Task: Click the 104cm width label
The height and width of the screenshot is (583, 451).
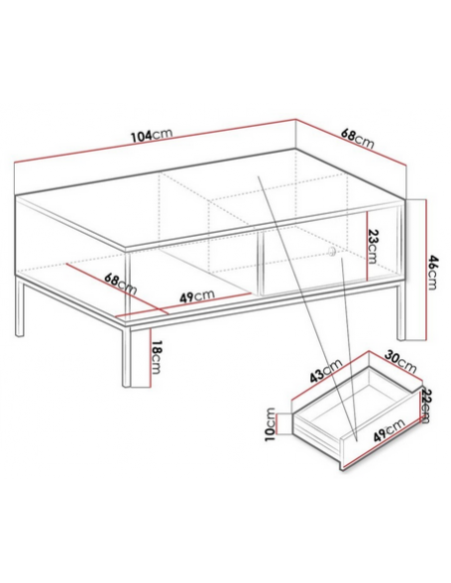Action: pyautogui.click(x=152, y=136)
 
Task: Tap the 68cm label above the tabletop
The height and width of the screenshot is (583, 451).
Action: pyautogui.click(x=358, y=139)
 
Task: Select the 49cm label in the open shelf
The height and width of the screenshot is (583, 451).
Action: pyautogui.click(x=197, y=296)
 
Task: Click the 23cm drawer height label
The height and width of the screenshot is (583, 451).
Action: pyautogui.click(x=372, y=246)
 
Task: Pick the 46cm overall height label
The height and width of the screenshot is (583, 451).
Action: pyautogui.click(x=433, y=272)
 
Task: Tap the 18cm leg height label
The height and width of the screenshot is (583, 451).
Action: pyautogui.click(x=158, y=357)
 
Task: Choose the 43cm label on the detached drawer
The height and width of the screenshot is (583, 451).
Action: pyautogui.click(x=326, y=370)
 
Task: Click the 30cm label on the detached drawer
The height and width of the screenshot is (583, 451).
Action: pyautogui.click(x=400, y=361)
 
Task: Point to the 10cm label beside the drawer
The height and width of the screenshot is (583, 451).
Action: pyautogui.click(x=270, y=424)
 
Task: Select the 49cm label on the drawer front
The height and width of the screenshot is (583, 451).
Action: pyautogui.click(x=389, y=430)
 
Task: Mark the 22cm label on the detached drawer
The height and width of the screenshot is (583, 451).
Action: pyautogui.click(x=425, y=405)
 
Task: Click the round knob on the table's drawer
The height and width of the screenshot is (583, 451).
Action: pyautogui.click(x=331, y=252)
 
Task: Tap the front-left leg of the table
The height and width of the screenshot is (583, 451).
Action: pyautogui.click(x=128, y=356)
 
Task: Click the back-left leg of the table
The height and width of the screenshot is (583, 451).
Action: pyautogui.click(x=19, y=306)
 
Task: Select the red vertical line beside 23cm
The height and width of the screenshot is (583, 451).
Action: pyautogui.click(x=366, y=246)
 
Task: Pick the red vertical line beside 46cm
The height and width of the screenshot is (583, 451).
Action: pyautogui.click(x=425, y=270)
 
